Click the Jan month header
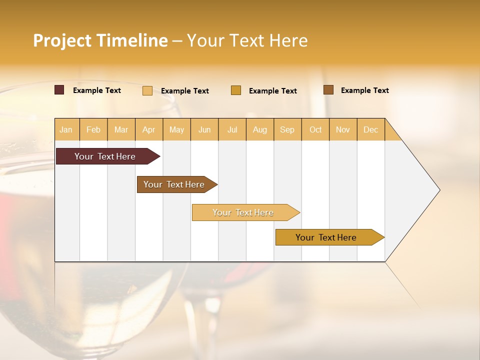pos(66,129)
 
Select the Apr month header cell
pos(149,129)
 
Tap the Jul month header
pos(232,129)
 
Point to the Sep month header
pos(287,129)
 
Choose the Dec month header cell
pos(370,129)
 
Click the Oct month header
pos(315,129)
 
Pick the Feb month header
pos(93,129)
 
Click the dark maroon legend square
pos(59,90)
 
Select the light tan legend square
pos(147,90)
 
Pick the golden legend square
pos(236,90)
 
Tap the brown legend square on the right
pos(328,90)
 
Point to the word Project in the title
pos(62,40)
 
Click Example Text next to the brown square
pos(364,90)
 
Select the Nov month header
pos(343,129)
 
